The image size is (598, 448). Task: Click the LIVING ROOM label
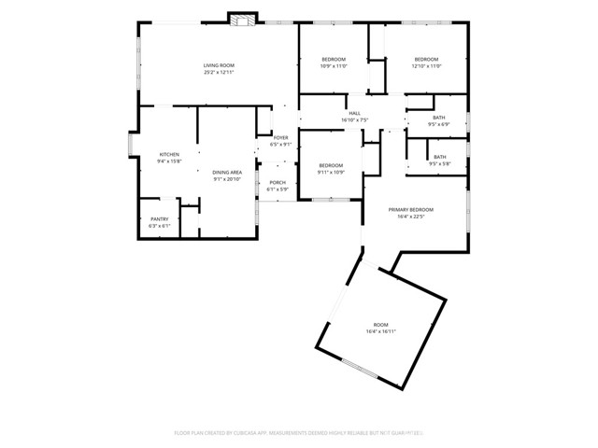(219, 65)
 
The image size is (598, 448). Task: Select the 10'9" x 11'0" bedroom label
(334, 60)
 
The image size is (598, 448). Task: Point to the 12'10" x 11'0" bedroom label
(426, 60)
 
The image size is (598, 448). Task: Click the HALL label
(355, 113)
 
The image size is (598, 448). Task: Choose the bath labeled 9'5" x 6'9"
(439, 118)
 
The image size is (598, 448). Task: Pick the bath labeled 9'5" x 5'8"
(439, 157)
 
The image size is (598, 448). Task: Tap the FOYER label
(280, 138)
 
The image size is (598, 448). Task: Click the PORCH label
(278, 183)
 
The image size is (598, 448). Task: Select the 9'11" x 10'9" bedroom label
(332, 165)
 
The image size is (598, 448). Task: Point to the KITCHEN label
(169, 154)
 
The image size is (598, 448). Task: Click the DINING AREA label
(227, 173)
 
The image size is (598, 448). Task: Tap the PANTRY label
(160, 219)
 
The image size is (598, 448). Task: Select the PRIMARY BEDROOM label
(411, 210)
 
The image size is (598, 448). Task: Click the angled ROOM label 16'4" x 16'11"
(380, 325)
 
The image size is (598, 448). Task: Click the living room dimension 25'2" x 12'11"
(219, 72)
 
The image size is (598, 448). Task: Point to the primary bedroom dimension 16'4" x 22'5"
(411, 217)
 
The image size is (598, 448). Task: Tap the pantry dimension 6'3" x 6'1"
(160, 226)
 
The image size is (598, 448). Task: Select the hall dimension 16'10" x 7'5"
(355, 119)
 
